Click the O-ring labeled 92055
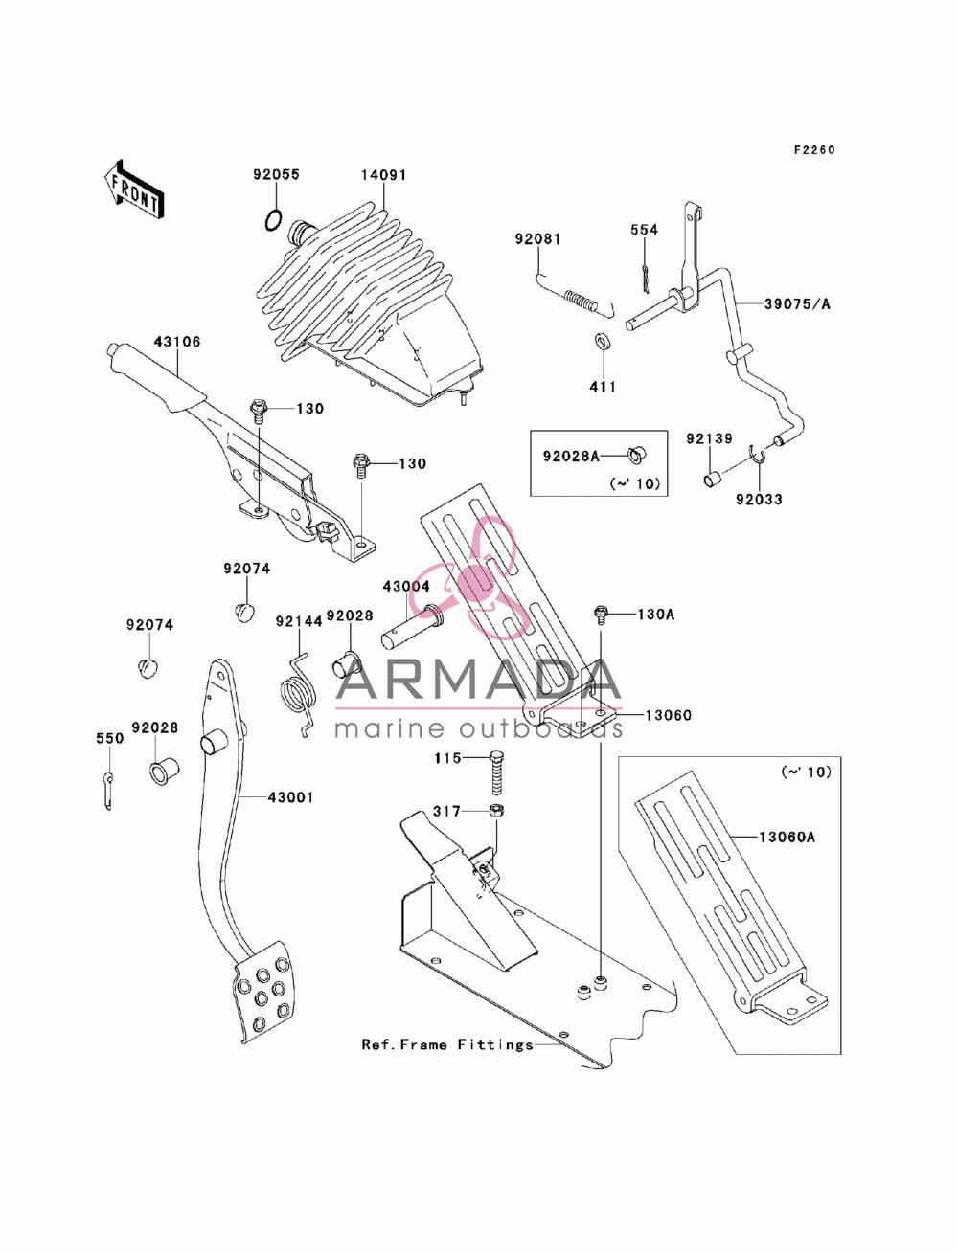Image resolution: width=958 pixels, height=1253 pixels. coord(274,220)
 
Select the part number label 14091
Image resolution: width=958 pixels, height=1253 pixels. coord(383,175)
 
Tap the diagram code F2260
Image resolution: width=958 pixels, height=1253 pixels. coord(814,150)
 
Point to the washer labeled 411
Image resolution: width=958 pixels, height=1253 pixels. coord(602,343)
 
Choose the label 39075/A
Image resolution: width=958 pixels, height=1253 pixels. coord(797,304)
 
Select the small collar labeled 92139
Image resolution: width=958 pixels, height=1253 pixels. coord(712,479)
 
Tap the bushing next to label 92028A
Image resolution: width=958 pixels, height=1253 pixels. coord(635,456)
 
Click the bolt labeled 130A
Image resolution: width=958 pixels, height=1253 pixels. coord(601,615)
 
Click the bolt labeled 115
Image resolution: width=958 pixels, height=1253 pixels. coord(496,772)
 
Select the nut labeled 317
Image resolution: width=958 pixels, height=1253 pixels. coord(496,811)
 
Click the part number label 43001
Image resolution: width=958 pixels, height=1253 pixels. coord(291,797)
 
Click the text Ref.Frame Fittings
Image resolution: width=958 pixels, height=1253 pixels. coord(447,1045)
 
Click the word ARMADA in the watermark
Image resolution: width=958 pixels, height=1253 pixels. coord(478,680)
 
